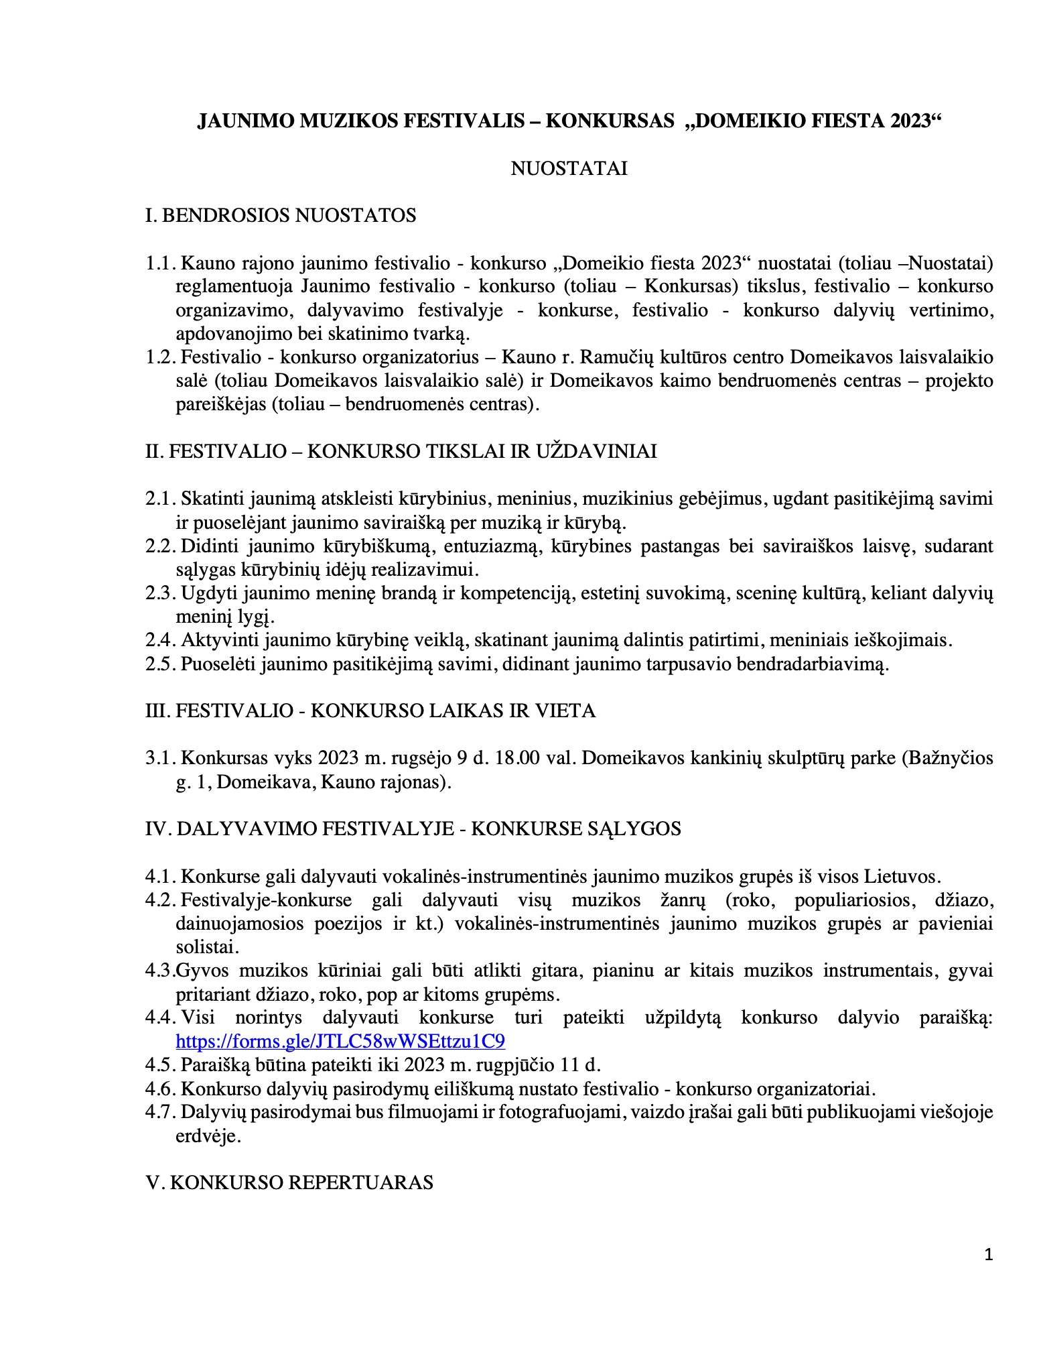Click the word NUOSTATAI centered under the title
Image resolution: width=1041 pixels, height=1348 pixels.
(569, 168)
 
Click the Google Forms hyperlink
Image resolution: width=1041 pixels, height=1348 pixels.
(340, 1041)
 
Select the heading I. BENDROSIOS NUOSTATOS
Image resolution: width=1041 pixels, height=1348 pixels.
(281, 215)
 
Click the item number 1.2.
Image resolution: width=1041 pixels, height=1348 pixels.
(161, 357)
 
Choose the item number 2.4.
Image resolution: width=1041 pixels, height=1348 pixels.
(161, 640)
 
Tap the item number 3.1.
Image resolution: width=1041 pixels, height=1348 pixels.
(161, 758)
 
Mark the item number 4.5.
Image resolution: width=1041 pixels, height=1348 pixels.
(161, 1064)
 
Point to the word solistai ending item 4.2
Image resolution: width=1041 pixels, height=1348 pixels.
(207, 947)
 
